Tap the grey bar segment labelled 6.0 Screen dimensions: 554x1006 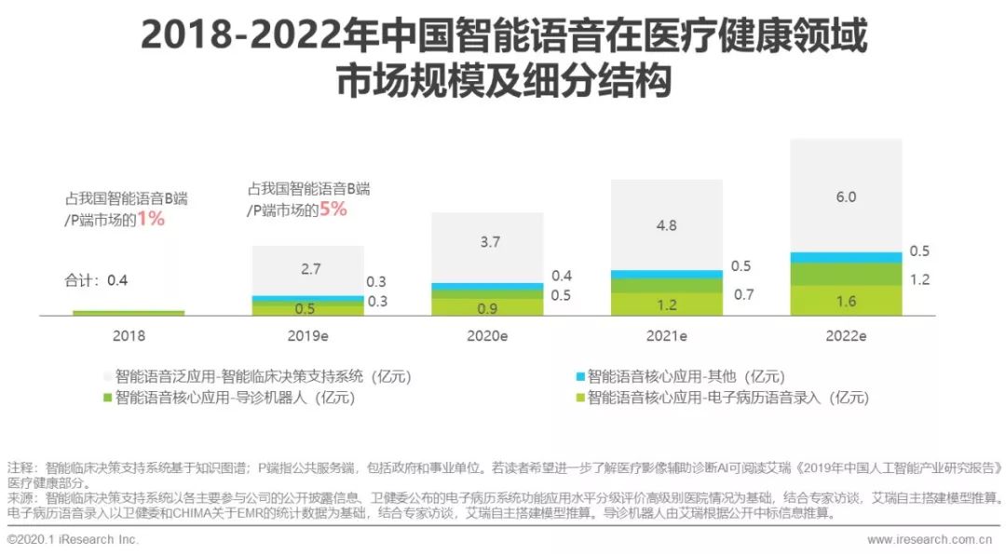(846, 196)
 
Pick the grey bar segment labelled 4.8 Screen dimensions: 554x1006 (667, 224)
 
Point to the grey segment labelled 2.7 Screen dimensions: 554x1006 (308, 270)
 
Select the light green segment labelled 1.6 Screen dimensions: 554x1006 (846, 301)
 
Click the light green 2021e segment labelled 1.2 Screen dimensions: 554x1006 (667, 304)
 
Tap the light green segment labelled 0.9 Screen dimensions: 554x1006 (487, 307)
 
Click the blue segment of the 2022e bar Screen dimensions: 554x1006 (846, 257)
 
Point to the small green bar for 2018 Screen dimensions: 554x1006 (129, 313)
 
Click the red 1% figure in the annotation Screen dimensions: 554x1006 (150, 220)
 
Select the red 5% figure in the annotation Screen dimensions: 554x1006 (333, 210)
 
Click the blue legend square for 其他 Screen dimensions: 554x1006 (580, 376)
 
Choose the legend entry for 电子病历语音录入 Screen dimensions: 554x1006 (727, 399)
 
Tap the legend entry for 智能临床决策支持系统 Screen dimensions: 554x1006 (261, 377)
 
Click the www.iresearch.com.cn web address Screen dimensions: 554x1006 (929, 539)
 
